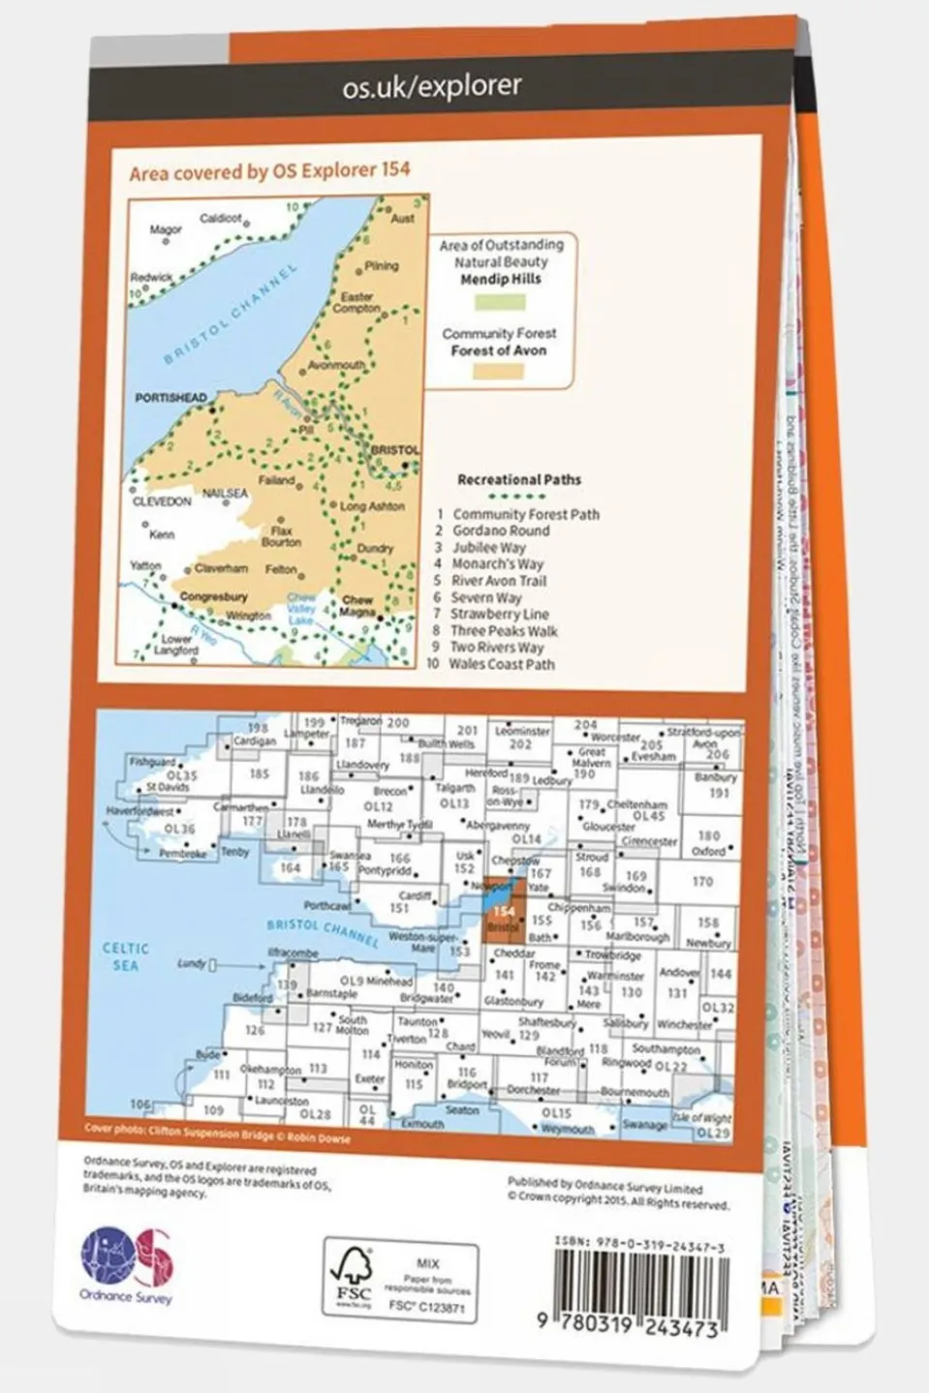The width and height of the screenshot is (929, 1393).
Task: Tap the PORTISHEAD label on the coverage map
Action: (170, 398)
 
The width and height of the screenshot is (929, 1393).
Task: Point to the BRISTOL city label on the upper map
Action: (395, 450)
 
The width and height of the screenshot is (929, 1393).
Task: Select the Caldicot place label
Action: (220, 219)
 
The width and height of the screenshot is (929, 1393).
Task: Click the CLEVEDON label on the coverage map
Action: (162, 501)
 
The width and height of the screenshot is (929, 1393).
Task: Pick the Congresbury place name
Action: (213, 597)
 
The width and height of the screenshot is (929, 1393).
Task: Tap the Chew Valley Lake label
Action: (301, 609)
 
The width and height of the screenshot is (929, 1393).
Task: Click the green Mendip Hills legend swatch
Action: (500, 303)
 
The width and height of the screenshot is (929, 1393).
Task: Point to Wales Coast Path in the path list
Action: (501, 664)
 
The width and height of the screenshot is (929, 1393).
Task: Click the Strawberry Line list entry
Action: (499, 614)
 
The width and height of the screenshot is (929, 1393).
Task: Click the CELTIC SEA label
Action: (126, 956)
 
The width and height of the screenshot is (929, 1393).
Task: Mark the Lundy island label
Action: (192, 964)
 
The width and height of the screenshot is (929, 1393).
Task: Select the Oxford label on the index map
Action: (708, 851)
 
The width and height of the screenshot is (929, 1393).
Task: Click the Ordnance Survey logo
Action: (127, 1263)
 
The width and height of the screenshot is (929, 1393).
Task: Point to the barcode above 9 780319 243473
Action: (639, 1284)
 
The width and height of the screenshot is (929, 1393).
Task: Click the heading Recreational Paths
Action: (519, 479)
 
